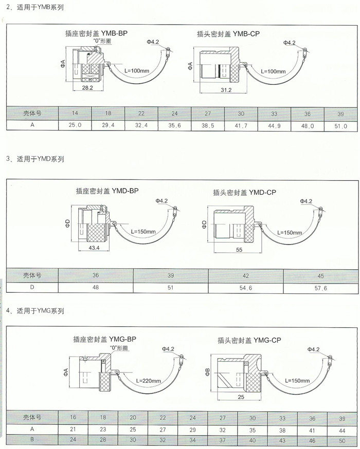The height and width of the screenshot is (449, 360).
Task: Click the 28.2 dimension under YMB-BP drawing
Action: [x=87, y=88]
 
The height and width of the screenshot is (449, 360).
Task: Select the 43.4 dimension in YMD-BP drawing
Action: [x=94, y=248]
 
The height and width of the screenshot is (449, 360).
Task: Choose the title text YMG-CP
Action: [x=249, y=340]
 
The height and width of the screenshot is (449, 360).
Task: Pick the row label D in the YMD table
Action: [x=32, y=288]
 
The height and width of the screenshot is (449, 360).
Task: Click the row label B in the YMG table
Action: [x=32, y=440]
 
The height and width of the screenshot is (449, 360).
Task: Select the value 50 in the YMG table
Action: [x=341, y=441]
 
